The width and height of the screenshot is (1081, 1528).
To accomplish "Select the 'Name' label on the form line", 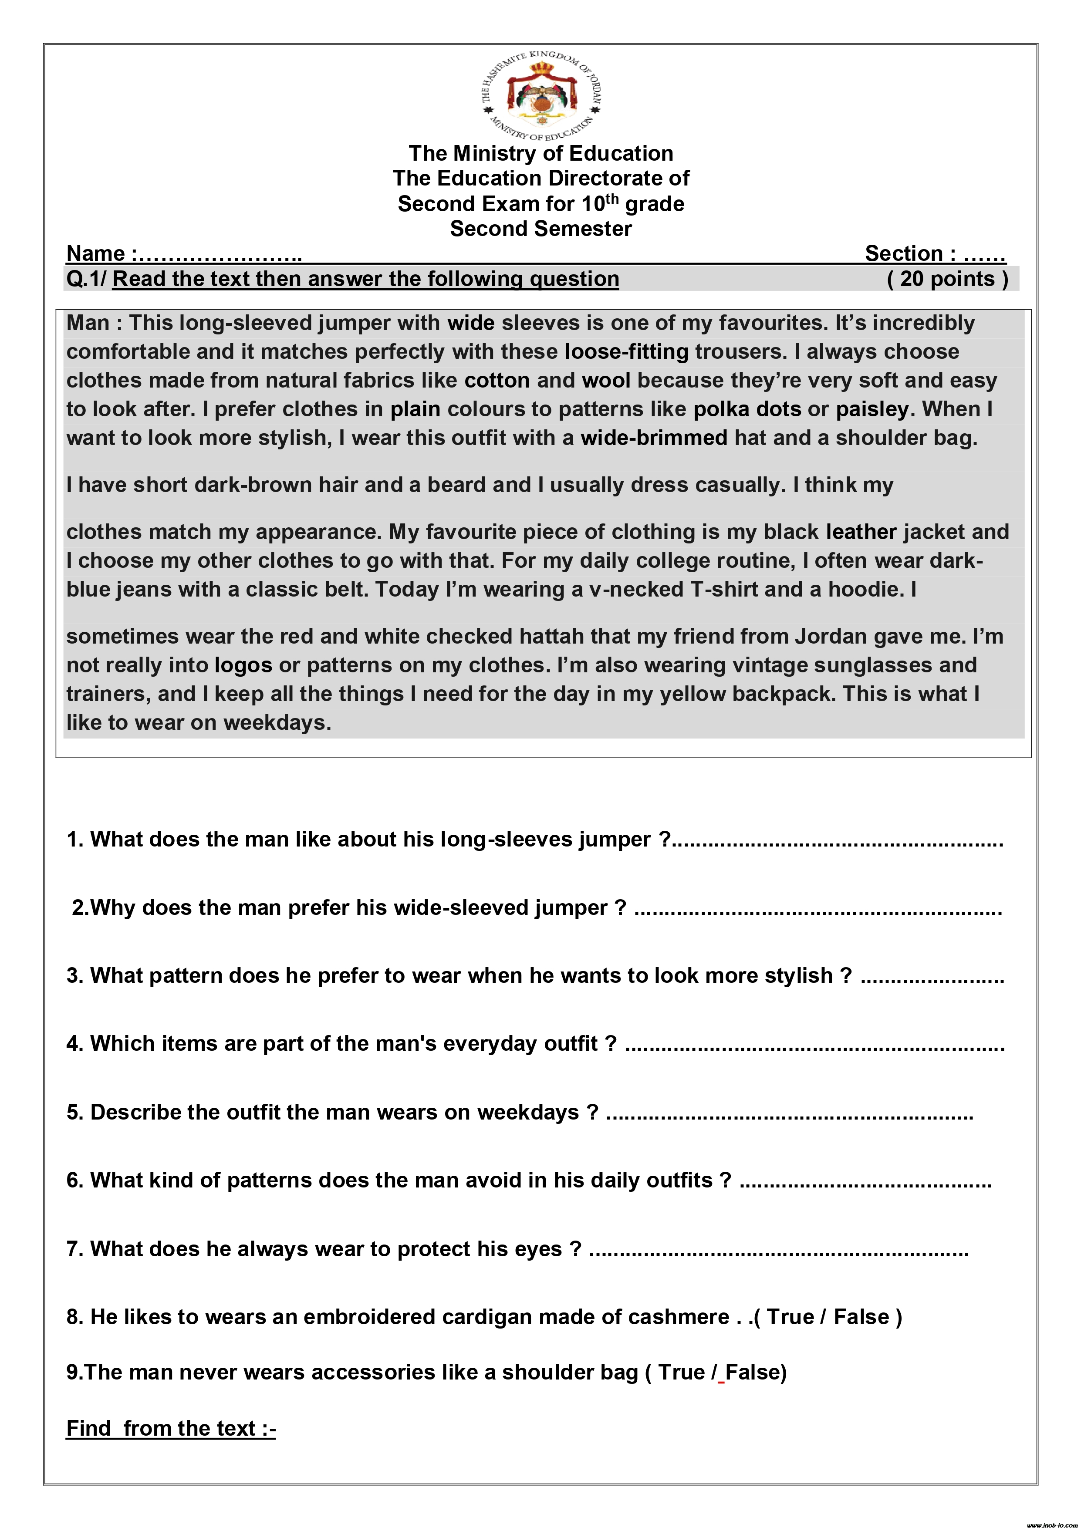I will tap(95, 253).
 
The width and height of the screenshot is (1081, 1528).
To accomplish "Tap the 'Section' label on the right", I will tap(902, 253).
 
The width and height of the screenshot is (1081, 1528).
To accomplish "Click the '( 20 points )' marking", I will tap(947, 279).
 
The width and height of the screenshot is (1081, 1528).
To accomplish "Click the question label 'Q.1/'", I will tap(86, 279).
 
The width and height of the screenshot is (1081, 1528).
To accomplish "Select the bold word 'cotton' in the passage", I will tap(497, 380).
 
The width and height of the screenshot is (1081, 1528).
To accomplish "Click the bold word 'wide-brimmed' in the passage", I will tap(654, 437).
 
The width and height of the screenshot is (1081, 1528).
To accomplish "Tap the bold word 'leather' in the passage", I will tap(861, 532).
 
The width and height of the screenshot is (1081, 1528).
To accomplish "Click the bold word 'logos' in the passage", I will tap(243, 665).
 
